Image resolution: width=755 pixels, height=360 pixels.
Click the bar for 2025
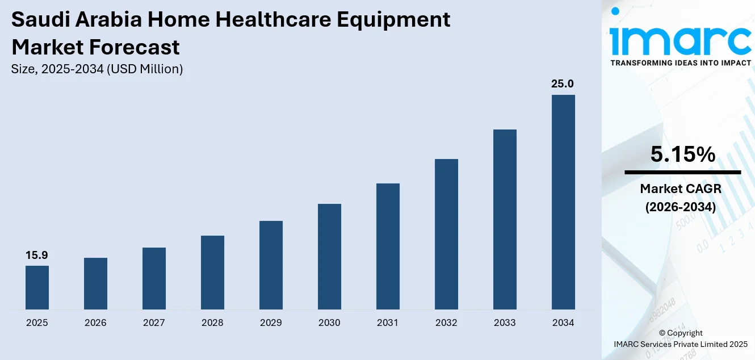point(37,287)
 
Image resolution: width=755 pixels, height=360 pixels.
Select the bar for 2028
point(212,273)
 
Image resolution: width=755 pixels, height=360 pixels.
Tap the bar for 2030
point(329,257)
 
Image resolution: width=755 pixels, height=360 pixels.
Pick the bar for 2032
point(446,234)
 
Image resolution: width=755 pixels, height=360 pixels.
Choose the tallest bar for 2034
point(563,202)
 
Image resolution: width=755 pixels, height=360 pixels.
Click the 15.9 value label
point(37,256)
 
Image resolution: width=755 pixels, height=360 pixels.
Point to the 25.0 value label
point(563,84)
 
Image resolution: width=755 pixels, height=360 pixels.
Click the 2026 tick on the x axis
point(95,323)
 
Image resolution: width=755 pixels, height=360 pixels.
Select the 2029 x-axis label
point(271,323)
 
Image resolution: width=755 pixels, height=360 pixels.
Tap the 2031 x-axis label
point(388,323)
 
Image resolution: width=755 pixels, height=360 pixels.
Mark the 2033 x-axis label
point(505,323)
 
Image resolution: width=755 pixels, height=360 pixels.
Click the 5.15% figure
point(682,154)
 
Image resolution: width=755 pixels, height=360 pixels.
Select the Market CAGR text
point(680,189)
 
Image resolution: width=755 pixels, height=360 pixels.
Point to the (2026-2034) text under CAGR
point(680,207)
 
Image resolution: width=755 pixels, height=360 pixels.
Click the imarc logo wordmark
point(680,39)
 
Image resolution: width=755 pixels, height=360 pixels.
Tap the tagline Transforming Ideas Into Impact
point(680,62)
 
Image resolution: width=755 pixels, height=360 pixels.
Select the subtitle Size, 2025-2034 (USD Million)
point(97,69)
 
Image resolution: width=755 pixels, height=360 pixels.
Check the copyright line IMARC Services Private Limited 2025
point(681,344)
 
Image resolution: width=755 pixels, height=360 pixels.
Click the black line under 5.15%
point(682,172)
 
